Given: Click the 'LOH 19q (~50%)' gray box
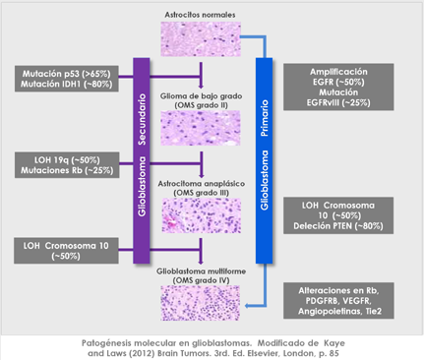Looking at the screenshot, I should click(60, 163).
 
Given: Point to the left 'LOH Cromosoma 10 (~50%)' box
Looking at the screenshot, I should click(60, 249).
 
